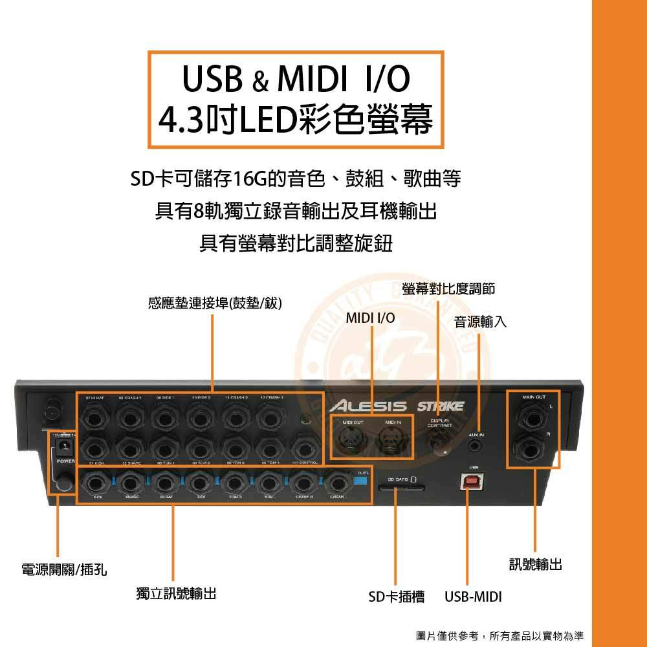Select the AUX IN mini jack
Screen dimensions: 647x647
pyautogui.click(x=477, y=446)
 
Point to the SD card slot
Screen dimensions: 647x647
pyautogui.click(x=400, y=492)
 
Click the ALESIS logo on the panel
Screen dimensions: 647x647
pyautogui.click(x=367, y=406)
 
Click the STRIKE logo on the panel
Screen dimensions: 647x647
pyautogui.click(x=440, y=406)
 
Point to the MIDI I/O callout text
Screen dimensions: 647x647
pyautogui.click(x=370, y=318)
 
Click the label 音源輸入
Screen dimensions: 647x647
pyautogui.click(x=480, y=322)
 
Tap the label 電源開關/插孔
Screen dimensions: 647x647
pyautogui.click(x=64, y=570)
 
